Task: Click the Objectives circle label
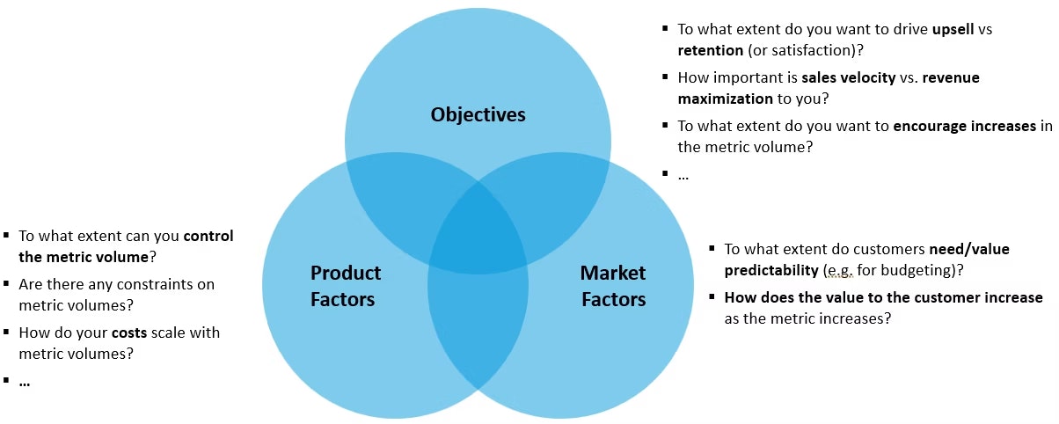tap(478, 115)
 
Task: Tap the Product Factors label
tap(346, 286)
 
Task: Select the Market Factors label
tap(613, 286)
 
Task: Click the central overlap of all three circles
tap(478, 233)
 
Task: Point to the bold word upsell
tap(950, 29)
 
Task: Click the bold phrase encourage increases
tap(964, 126)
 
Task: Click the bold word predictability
tap(771, 269)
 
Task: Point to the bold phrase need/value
tap(969, 249)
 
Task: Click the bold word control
tap(208, 236)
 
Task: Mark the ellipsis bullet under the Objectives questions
tap(683, 175)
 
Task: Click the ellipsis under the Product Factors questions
tap(25, 382)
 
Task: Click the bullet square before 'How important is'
tap(665, 77)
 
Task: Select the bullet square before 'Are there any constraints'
tap(7, 284)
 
